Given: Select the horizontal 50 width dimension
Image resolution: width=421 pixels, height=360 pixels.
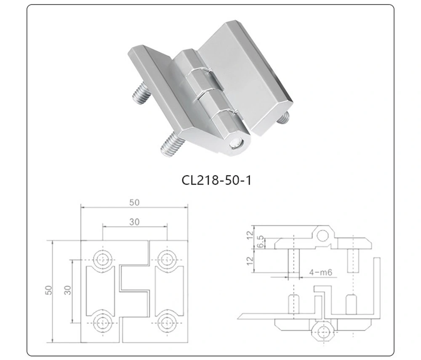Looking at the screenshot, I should [134, 203].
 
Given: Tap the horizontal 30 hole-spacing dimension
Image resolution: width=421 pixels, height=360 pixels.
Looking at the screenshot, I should [134, 222].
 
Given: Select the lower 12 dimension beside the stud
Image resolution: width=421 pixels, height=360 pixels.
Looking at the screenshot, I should [250, 261].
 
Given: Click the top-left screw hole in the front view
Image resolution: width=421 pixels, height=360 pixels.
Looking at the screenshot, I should [102, 259].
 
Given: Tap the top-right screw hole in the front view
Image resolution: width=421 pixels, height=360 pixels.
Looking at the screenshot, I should [167, 259].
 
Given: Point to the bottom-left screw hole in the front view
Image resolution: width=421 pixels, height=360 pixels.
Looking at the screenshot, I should [102, 322].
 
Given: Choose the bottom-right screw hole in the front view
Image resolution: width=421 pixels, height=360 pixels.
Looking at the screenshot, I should [167, 322].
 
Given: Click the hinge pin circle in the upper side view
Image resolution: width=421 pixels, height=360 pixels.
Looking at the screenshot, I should [323, 236].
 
